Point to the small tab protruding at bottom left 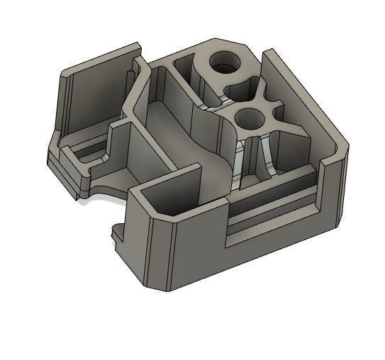119,231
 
